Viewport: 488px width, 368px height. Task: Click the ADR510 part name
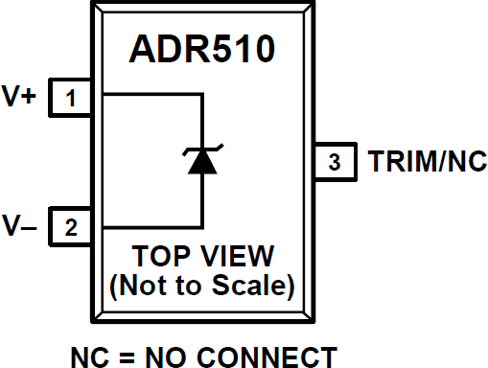click(202, 49)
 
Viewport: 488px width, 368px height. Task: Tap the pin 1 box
click(70, 98)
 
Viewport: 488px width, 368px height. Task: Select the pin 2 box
click(70, 227)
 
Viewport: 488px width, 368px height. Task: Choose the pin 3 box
click(335, 162)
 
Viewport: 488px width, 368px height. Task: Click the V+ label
click(19, 96)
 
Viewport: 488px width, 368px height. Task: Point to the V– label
click(19, 225)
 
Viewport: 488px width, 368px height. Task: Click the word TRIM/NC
click(428, 161)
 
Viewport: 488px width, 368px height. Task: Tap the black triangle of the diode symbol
click(202, 162)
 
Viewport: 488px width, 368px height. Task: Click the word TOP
click(161, 256)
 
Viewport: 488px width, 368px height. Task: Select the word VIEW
click(237, 256)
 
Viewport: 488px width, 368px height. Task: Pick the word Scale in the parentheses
click(252, 286)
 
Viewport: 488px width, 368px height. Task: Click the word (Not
click(138, 286)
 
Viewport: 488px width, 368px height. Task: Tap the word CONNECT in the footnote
click(267, 357)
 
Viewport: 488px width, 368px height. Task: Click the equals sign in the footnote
click(127, 357)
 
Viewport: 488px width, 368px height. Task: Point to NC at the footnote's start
click(90, 357)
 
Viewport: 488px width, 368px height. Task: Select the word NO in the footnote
click(166, 357)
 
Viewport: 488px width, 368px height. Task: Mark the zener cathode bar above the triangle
click(202, 149)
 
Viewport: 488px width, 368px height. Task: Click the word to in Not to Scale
click(189, 286)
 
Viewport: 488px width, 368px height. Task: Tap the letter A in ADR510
click(142, 49)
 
